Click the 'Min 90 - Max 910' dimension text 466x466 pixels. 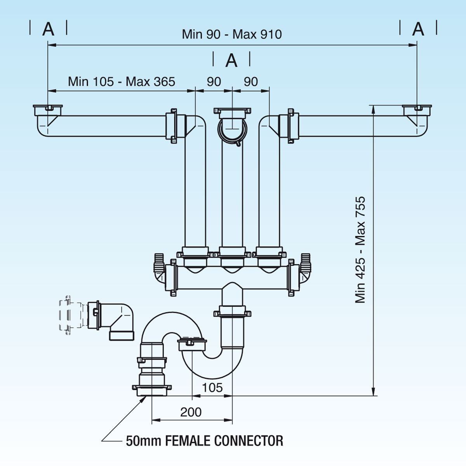[232, 34]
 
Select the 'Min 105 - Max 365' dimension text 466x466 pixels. [122, 82]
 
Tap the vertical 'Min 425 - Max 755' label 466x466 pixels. [360, 250]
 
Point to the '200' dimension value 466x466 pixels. [191, 412]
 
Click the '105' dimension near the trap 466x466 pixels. [212, 387]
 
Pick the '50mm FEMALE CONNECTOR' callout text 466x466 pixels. [205, 441]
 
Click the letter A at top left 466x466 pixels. [48, 29]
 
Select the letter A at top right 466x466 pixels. [418, 29]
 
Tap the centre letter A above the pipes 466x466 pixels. [231, 61]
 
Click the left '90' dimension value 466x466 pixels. [214, 82]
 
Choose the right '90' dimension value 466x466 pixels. [251, 82]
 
